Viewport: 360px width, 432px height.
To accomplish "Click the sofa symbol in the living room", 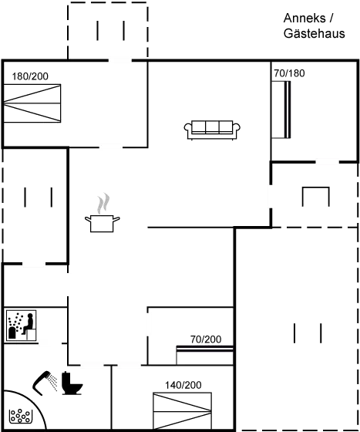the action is [x=212, y=130].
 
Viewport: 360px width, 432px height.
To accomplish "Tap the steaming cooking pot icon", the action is [x=102, y=212].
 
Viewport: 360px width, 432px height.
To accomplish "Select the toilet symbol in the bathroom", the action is [x=72, y=383].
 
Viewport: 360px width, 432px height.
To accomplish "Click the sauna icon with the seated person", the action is [x=21, y=326].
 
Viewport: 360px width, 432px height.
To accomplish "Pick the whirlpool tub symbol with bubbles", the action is [x=20, y=416].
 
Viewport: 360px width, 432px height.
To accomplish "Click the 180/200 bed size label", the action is [x=30, y=76].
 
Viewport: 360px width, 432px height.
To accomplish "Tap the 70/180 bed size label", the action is [x=289, y=73].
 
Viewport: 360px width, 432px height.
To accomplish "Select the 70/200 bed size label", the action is [x=206, y=339].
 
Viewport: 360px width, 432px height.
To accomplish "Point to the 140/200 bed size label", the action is [x=183, y=385].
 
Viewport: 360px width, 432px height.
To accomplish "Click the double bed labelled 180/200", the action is [x=32, y=103].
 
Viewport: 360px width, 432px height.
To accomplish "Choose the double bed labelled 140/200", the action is [x=183, y=411].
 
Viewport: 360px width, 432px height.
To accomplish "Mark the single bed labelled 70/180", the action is [x=281, y=110].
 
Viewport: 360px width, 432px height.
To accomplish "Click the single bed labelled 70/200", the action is [x=205, y=355].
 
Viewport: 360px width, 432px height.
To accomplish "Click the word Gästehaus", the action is [x=314, y=33].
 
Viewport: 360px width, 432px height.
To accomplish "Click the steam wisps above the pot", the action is [x=103, y=204].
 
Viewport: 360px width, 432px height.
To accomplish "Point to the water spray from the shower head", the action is [x=52, y=382].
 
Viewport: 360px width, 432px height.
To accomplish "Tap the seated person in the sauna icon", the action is [x=28, y=324].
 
